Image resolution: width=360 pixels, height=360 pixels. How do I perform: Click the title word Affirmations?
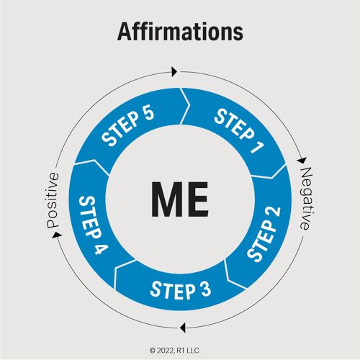pos(180,32)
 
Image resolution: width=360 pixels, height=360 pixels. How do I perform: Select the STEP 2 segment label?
pos(264,234)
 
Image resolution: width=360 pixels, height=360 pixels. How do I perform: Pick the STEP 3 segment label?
pos(181,291)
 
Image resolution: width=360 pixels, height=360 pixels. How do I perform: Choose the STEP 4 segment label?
pos(93,225)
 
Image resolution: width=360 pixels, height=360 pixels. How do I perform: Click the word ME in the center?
pos(180,199)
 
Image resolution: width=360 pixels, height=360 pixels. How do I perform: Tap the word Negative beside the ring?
pos(307,199)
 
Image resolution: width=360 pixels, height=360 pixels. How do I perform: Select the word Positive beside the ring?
pos(53,200)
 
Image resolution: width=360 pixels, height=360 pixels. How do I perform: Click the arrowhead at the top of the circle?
pos(174,72)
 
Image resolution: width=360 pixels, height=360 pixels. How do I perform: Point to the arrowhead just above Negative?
pos(302,160)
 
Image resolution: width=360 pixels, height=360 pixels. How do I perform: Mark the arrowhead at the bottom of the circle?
pos(183,328)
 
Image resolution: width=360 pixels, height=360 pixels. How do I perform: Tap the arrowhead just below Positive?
pos(57,235)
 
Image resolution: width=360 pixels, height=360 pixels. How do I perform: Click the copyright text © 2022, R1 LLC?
pos(174,351)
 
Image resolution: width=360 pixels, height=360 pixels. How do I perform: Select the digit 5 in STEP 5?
pos(148,113)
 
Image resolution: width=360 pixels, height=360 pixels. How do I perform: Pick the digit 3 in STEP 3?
pos(206,289)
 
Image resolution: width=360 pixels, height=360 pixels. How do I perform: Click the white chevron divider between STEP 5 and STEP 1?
pos(185,106)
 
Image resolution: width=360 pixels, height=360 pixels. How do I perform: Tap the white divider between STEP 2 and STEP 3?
pos(235,275)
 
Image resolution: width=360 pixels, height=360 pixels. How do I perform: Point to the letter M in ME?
pos(166,199)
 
